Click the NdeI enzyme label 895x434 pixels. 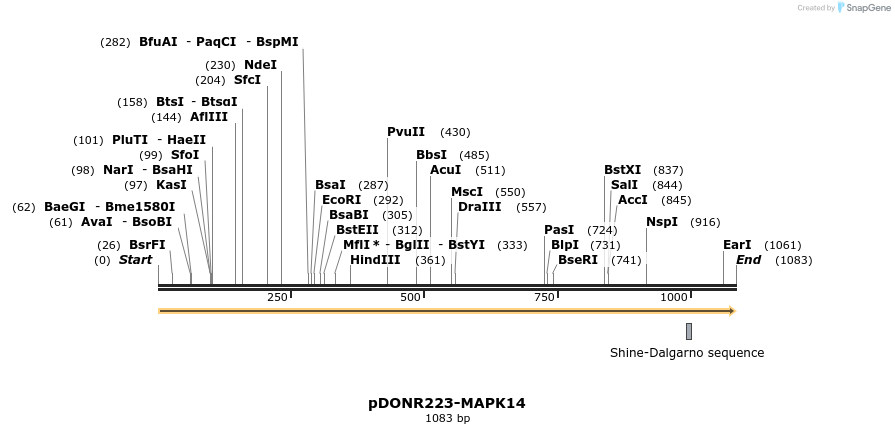coord(260,65)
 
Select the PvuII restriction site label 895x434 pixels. coord(406,132)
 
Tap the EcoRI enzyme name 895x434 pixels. coord(341,200)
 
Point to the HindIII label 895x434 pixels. coord(375,260)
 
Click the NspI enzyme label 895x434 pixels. coord(662,222)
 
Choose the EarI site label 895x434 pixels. coord(737,245)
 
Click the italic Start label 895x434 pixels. coord(135,260)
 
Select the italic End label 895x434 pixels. coord(748,260)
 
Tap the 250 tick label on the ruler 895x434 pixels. coord(277,298)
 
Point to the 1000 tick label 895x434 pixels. coord(674,298)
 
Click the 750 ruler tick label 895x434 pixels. coord(544,298)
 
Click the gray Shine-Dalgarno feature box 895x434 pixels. coord(689,331)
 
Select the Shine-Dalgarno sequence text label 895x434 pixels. coord(687,353)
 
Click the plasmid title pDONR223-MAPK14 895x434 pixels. coord(447,403)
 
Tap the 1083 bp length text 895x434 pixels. coord(447,418)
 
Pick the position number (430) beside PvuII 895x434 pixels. coord(455,132)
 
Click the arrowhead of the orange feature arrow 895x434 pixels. coord(731,311)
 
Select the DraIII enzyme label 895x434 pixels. coord(480,207)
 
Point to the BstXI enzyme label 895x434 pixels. coord(623,170)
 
